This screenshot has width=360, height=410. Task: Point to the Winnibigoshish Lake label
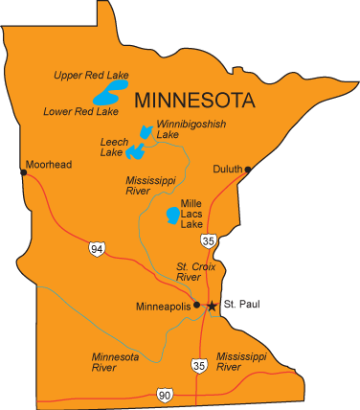[x=186, y=128]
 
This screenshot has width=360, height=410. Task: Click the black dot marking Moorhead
[x=24, y=172]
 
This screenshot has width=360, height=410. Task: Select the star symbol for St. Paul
[x=212, y=306]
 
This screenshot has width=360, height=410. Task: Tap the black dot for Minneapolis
[x=196, y=305]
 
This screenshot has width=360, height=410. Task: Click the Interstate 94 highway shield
[x=96, y=249]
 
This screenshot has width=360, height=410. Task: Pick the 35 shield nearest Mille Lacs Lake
[x=209, y=240]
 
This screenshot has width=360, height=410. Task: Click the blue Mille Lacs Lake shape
[x=171, y=215]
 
